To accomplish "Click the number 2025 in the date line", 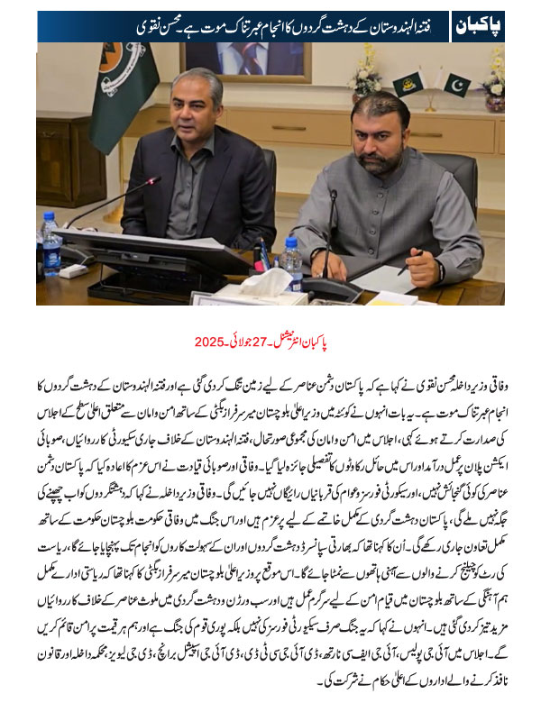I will coord(210,342).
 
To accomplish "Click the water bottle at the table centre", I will coord(290,261).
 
